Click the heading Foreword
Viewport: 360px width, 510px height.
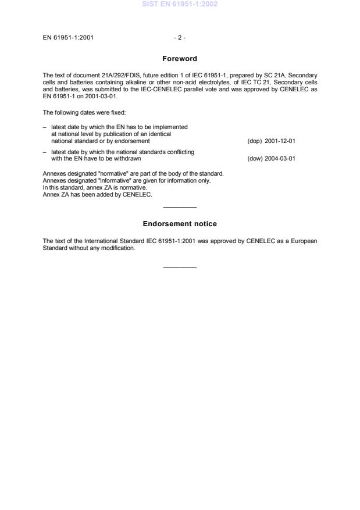coord(180,59)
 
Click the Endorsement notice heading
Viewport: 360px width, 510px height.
coord(180,224)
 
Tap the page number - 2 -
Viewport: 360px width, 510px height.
coord(180,38)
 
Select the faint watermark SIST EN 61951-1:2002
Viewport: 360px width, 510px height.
coord(180,5)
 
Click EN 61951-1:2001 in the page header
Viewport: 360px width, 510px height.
coord(69,38)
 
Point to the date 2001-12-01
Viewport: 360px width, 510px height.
coord(281,141)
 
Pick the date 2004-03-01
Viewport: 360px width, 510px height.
coord(281,158)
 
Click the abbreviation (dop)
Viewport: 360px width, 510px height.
coord(254,141)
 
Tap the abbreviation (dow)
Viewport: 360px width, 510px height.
coord(254,158)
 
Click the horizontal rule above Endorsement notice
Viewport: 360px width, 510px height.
coord(180,208)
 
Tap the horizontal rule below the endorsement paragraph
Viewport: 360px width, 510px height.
coord(180,267)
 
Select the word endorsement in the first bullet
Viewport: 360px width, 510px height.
coord(134,141)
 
